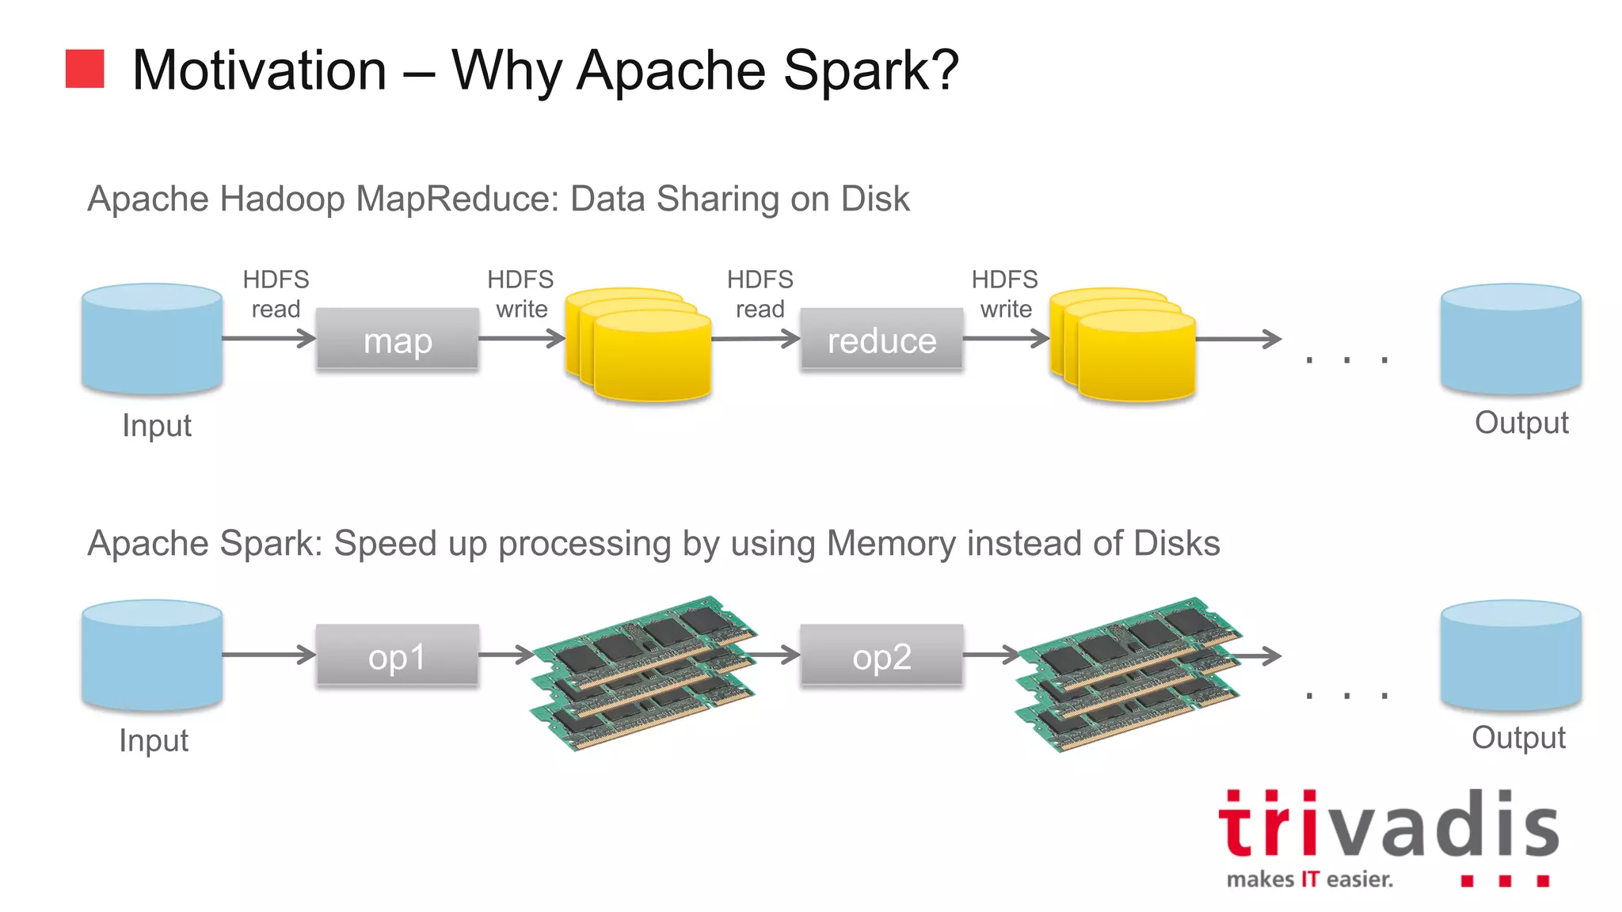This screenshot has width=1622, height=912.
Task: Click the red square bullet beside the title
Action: (x=85, y=69)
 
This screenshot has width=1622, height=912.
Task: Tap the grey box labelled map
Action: (x=397, y=340)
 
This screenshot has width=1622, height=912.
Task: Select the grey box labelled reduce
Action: (x=881, y=340)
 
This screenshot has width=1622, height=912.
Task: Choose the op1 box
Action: (x=397, y=655)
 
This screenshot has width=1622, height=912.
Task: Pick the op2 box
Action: (x=881, y=655)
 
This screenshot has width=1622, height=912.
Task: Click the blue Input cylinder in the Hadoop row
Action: (x=152, y=339)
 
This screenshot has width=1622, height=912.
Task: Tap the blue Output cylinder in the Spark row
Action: (x=1510, y=655)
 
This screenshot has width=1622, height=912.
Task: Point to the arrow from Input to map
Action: (x=268, y=339)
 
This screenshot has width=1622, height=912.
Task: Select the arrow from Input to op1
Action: (x=268, y=655)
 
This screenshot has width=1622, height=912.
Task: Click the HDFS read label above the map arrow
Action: (x=276, y=294)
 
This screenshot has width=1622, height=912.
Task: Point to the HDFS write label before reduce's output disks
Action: (x=1004, y=294)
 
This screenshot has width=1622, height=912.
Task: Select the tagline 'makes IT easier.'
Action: (x=1309, y=879)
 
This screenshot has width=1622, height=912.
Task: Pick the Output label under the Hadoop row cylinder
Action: (x=1521, y=423)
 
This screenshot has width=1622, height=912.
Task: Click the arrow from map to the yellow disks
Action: (x=521, y=339)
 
